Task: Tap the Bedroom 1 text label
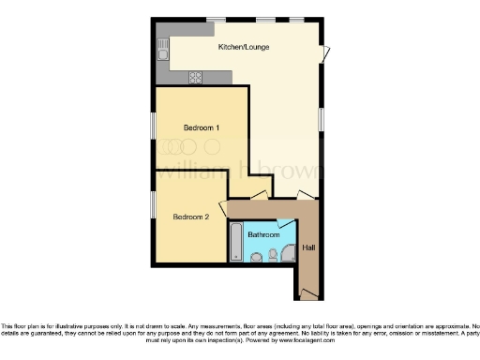[202, 127]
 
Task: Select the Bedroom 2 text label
[190, 217]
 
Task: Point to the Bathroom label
[262, 233]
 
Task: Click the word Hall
[309, 247]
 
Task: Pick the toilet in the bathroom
[271, 255]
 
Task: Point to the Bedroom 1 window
[154, 126]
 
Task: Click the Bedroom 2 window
[154, 203]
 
